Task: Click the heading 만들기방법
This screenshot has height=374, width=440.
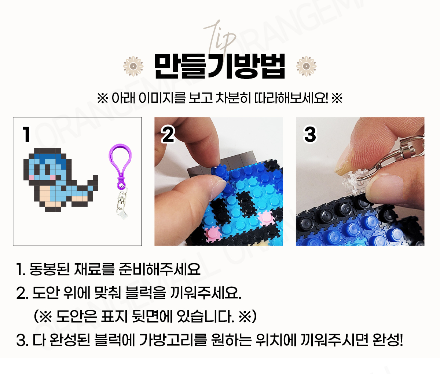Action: coord(220,66)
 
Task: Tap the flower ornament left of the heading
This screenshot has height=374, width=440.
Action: coord(133,66)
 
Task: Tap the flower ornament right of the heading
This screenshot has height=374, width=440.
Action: coord(306,66)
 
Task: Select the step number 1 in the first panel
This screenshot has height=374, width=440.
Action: coord(26,134)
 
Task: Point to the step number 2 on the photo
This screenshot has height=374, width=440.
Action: coord(168,134)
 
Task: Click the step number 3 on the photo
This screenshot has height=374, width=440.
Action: coord(310,134)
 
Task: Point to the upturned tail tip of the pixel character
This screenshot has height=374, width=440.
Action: coord(95,178)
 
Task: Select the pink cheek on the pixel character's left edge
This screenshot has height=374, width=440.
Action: coord(32,178)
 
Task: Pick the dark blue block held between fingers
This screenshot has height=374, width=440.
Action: coord(220,172)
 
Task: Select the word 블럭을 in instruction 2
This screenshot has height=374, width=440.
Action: coord(146,293)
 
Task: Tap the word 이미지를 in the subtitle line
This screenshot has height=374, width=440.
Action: coord(162,98)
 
